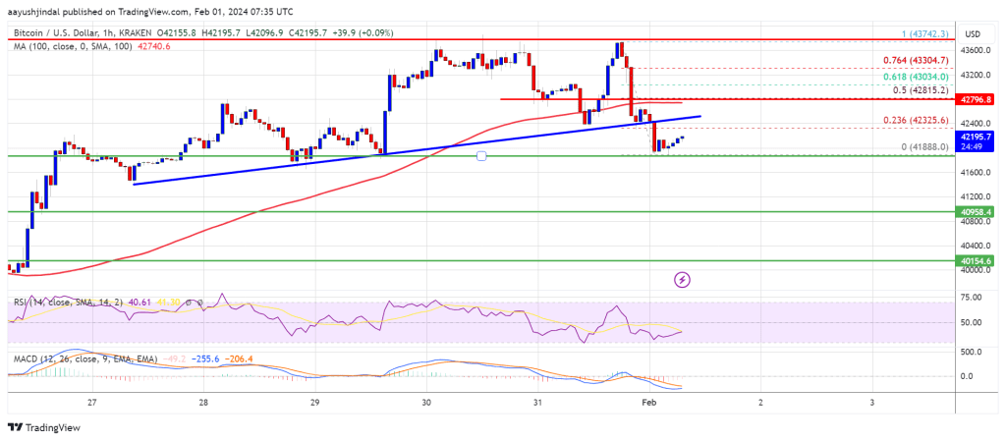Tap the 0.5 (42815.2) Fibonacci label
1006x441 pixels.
pos(921,90)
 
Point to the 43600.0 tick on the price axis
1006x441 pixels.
pos(977,50)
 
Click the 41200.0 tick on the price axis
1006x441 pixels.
pos(977,196)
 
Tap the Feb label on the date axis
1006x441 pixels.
pos(650,403)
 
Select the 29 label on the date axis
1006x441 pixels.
pos(314,403)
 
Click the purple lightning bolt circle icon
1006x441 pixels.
pos(683,280)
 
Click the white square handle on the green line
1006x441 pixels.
pos(481,155)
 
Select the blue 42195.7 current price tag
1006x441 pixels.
pos(977,136)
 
